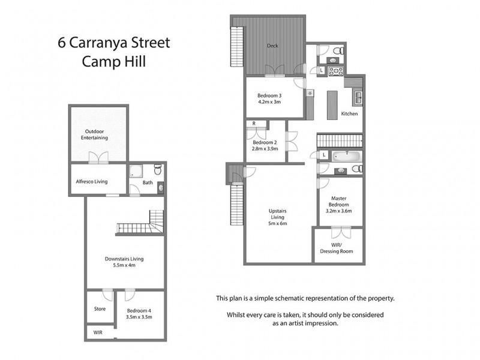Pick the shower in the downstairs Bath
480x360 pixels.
click(x=135, y=171)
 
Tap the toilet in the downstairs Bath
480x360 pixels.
click(x=157, y=169)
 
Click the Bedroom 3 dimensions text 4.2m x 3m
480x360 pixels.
click(x=269, y=102)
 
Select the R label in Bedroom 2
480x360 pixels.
click(x=254, y=124)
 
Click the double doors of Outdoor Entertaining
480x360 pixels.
click(x=98, y=158)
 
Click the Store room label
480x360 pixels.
click(x=100, y=309)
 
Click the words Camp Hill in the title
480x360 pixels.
click(x=113, y=62)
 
